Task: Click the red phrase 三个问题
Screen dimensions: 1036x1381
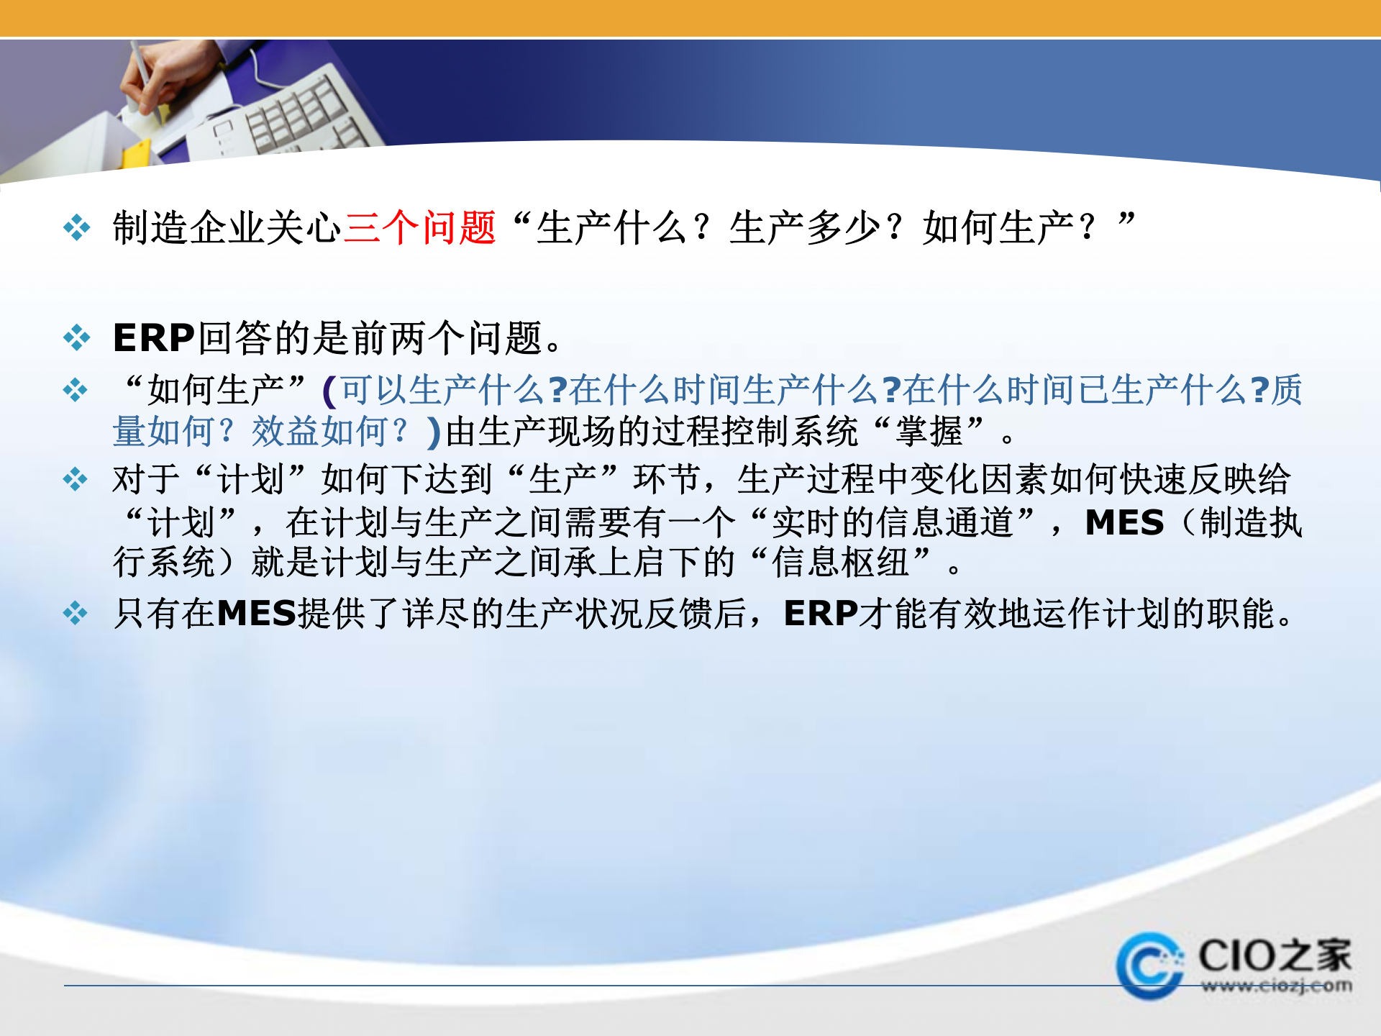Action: pos(420,228)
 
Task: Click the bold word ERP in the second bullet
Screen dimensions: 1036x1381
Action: pos(154,337)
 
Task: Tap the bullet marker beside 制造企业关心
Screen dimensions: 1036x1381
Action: pos(76,228)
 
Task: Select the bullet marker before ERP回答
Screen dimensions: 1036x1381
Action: pos(76,337)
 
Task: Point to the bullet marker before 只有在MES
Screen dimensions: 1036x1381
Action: pos(75,614)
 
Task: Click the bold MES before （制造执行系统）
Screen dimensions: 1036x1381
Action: pos(1124,522)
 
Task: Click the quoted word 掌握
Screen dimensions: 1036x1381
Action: pos(929,432)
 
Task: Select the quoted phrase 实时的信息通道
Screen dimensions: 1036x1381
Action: pos(892,522)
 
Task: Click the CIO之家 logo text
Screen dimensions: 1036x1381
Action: pos(1274,955)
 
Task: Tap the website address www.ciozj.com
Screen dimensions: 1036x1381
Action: pos(1276,986)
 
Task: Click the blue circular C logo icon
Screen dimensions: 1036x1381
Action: pos(1149,965)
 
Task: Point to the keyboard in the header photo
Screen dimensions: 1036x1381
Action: pos(302,115)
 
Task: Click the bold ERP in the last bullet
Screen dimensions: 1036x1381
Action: pos(821,614)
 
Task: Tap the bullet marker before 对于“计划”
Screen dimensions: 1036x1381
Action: pos(75,479)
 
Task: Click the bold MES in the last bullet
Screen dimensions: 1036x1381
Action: pos(257,614)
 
